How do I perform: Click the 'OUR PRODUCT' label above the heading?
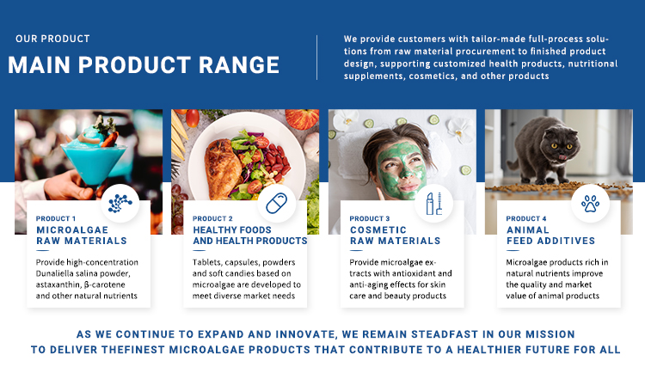point(52,39)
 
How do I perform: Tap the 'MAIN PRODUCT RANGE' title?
point(144,65)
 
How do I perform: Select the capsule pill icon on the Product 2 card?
point(276,204)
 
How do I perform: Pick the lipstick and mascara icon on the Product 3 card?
point(433,203)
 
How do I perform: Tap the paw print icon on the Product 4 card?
point(590,203)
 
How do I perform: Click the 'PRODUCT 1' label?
point(56,218)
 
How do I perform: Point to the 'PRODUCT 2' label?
point(212,218)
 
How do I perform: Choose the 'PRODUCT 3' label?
point(369,218)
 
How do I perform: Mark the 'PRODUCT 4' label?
point(525,218)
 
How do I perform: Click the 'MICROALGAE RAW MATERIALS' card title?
point(82,235)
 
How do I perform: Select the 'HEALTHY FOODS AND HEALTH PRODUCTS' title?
point(249,235)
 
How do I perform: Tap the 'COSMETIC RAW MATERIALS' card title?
point(395,235)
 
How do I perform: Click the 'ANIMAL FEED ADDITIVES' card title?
point(550,235)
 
